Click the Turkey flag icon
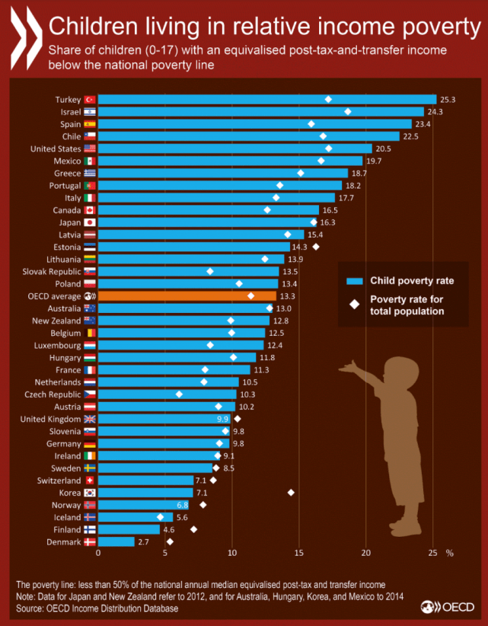[x=89, y=99]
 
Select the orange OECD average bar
[x=187, y=296]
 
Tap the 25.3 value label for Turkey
[x=447, y=99]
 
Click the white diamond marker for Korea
[x=291, y=493]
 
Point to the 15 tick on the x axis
[x=298, y=553]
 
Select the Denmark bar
[x=116, y=541]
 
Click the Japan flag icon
[x=89, y=222]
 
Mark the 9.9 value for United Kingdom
[x=222, y=419]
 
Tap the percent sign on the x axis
[x=449, y=553]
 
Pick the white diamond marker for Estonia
[x=316, y=247]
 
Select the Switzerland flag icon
[x=89, y=481]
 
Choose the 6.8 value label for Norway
[x=183, y=505]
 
